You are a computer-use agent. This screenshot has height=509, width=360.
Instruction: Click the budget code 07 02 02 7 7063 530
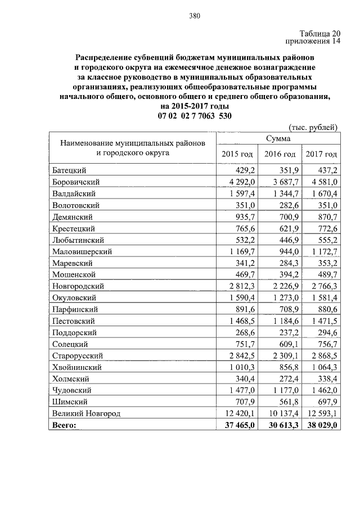click(x=195, y=116)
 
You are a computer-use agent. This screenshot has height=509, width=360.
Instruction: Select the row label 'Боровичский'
click(x=76, y=182)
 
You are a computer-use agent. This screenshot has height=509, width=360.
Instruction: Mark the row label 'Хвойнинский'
click(x=76, y=367)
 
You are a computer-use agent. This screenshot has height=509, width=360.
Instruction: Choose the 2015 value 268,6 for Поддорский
click(x=245, y=332)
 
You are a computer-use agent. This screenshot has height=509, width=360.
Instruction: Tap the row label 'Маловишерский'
click(x=82, y=251)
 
